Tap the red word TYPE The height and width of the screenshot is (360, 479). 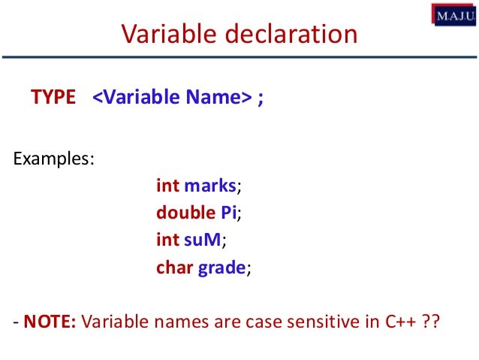click(x=53, y=98)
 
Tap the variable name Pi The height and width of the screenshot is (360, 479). click(x=228, y=213)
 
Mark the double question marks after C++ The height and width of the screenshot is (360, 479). click(x=429, y=325)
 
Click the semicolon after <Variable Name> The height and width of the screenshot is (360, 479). click(x=260, y=99)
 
